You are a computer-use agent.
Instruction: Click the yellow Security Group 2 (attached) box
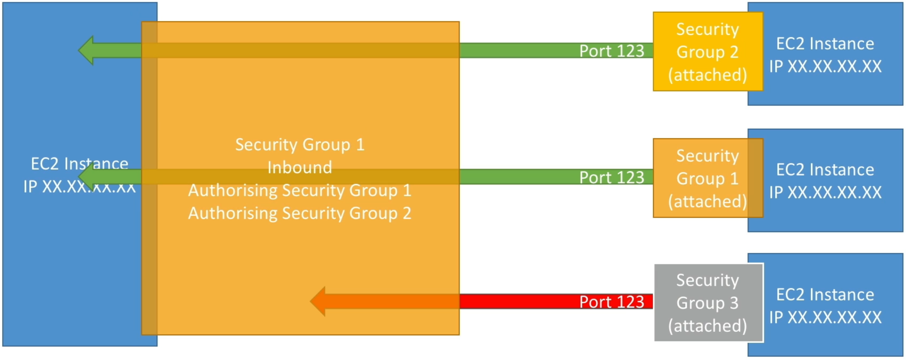click(708, 52)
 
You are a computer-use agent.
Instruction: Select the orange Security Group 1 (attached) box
click(708, 178)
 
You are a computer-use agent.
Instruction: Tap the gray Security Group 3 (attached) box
click(709, 303)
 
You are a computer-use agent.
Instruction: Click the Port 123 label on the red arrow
click(612, 302)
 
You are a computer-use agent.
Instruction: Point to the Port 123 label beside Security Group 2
click(612, 51)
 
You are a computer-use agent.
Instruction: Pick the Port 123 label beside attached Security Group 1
click(612, 177)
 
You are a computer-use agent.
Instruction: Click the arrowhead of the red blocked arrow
click(318, 302)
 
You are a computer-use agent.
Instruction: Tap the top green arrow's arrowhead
click(86, 50)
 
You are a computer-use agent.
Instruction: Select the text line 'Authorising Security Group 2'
click(300, 213)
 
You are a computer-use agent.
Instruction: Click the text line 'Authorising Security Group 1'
click(300, 190)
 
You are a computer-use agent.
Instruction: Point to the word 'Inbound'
click(300, 168)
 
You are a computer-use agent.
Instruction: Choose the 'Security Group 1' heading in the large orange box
click(300, 145)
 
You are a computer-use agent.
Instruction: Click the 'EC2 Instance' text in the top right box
click(825, 44)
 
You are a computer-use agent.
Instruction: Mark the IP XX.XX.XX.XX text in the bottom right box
click(825, 317)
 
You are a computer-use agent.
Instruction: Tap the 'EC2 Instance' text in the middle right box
click(825, 170)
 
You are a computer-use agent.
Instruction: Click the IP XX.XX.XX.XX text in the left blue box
click(79, 187)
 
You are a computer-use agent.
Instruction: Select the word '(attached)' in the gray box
click(708, 326)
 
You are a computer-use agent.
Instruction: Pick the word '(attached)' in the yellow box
click(708, 75)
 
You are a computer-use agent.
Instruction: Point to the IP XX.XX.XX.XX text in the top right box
click(825, 66)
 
